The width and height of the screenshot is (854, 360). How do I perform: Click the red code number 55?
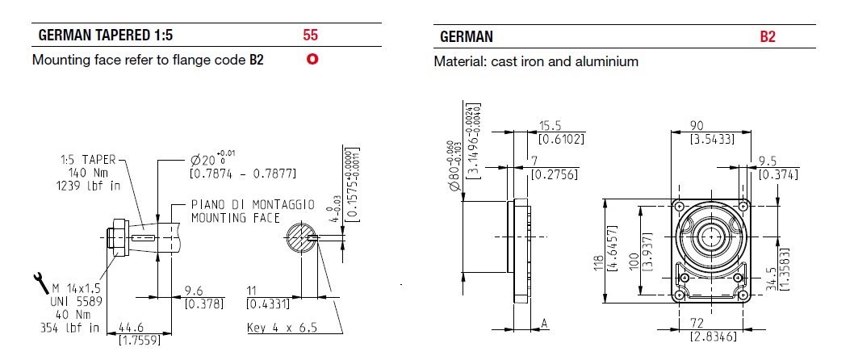(311, 36)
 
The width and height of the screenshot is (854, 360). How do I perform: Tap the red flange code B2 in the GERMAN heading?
(767, 37)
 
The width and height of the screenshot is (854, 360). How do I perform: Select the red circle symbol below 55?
(311, 60)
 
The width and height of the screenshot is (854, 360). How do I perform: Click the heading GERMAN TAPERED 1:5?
(106, 36)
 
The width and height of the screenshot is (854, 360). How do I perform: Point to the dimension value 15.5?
(551, 127)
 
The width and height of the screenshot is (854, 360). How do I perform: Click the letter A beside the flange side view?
(544, 324)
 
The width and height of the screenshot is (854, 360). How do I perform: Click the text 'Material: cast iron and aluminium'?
(536, 61)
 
